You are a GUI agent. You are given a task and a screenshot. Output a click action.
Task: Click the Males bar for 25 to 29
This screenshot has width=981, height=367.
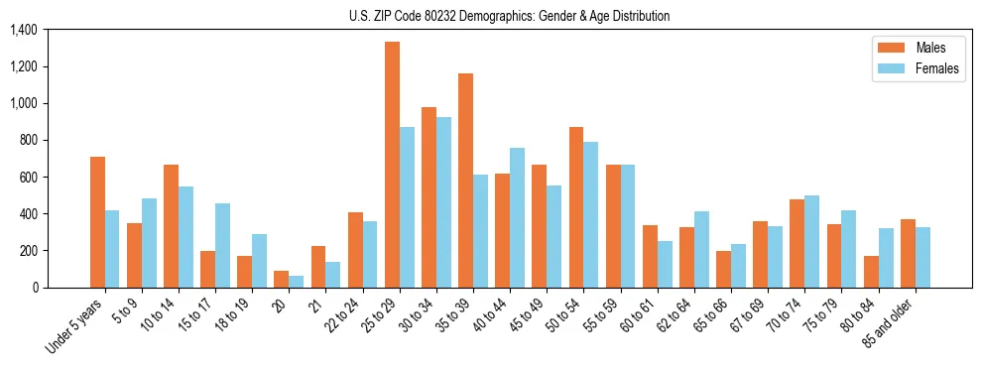click(x=392, y=165)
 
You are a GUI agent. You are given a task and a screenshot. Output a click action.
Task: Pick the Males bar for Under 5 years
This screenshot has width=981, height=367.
click(x=97, y=222)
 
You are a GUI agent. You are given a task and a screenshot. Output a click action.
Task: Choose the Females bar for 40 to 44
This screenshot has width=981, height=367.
click(x=517, y=217)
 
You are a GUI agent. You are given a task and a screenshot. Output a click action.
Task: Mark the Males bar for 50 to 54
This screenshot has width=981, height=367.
click(x=576, y=207)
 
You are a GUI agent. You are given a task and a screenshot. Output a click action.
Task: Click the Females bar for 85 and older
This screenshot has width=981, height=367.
click(x=922, y=257)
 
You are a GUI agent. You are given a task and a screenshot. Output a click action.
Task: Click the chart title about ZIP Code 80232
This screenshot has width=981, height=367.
click(x=509, y=16)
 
